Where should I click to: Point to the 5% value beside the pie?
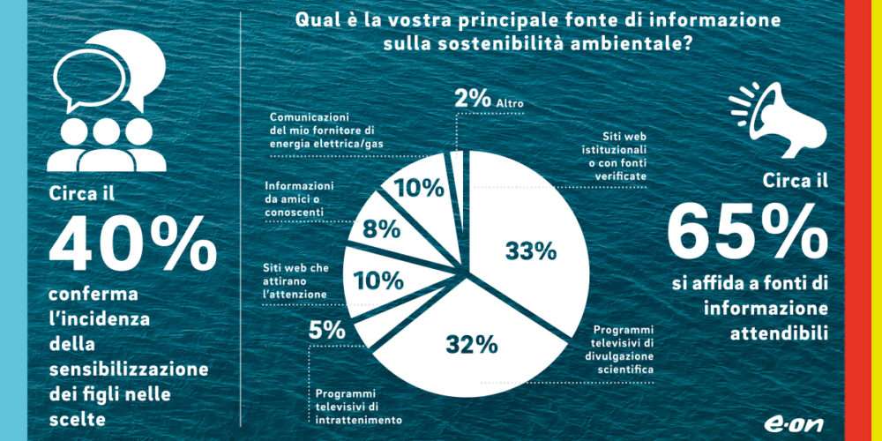(326, 332)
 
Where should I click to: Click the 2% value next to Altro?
(473, 99)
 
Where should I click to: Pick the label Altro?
(509, 103)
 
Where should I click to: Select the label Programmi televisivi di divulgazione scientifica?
(623, 349)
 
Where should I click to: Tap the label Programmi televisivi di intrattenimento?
(358, 407)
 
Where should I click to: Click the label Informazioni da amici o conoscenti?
(299, 200)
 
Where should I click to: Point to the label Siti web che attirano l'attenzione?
(295, 280)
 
